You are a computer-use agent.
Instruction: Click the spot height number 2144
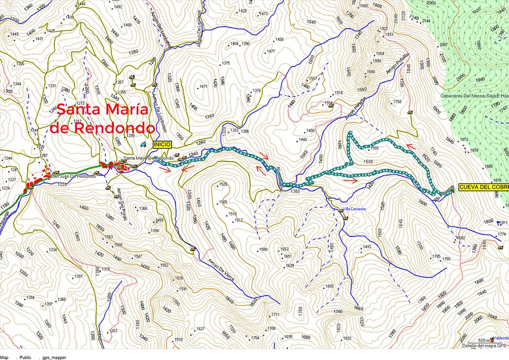tap(426, 21)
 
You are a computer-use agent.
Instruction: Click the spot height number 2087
tap(443, 45)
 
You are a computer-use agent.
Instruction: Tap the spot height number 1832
tap(347, 338)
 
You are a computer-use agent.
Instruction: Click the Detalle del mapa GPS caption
tap(484, 345)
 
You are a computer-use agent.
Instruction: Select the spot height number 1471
tap(203, 87)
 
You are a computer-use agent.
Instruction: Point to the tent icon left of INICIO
tap(142, 145)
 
